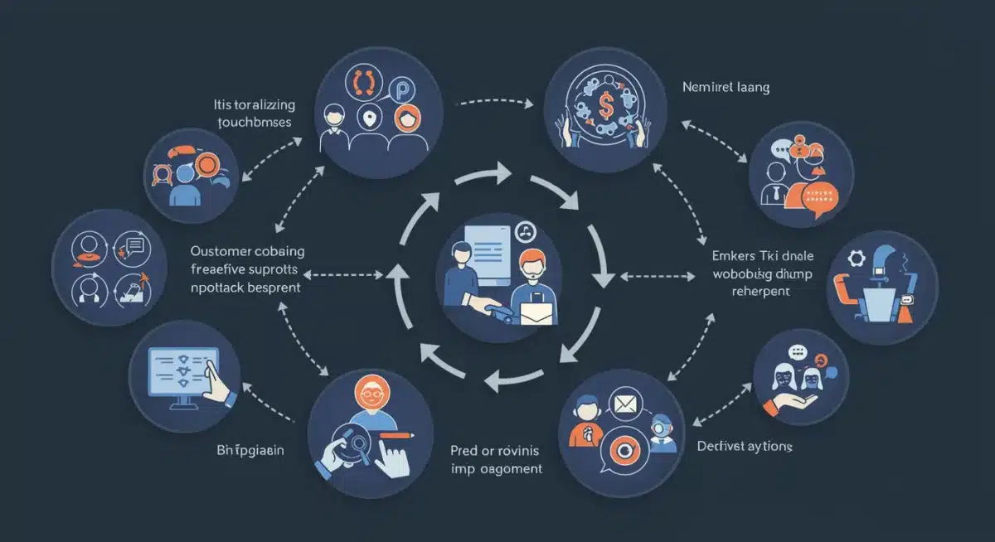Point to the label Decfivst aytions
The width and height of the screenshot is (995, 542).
pos(744,447)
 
